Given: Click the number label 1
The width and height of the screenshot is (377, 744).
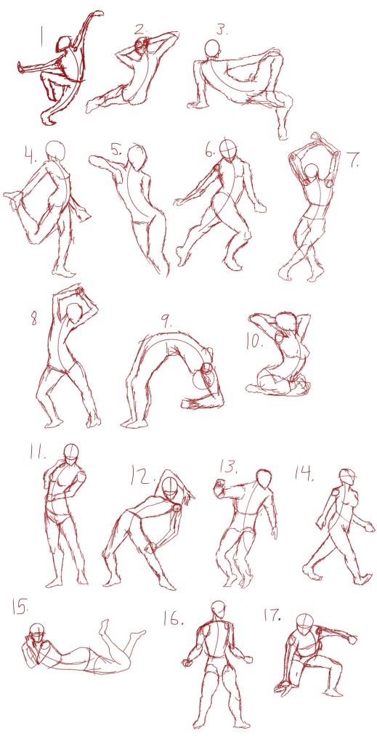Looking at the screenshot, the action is [x=41, y=36].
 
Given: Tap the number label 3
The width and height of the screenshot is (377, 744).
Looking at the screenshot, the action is [x=222, y=31].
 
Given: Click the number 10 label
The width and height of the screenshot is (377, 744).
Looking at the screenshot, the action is [x=255, y=341].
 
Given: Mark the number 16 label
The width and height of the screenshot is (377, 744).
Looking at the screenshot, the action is [x=173, y=619].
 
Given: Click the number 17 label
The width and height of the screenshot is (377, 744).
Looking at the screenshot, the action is [x=272, y=615].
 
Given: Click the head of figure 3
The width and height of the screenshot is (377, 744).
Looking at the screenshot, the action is [x=213, y=49].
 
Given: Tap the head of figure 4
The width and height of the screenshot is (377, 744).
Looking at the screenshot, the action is [x=57, y=150].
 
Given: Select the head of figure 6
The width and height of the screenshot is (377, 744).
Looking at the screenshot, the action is [x=229, y=150].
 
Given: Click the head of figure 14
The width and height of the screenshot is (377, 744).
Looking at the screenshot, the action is [x=348, y=477].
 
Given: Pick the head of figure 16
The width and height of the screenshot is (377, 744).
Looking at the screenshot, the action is [x=218, y=610].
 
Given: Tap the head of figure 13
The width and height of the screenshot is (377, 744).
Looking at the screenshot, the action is [x=264, y=478].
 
